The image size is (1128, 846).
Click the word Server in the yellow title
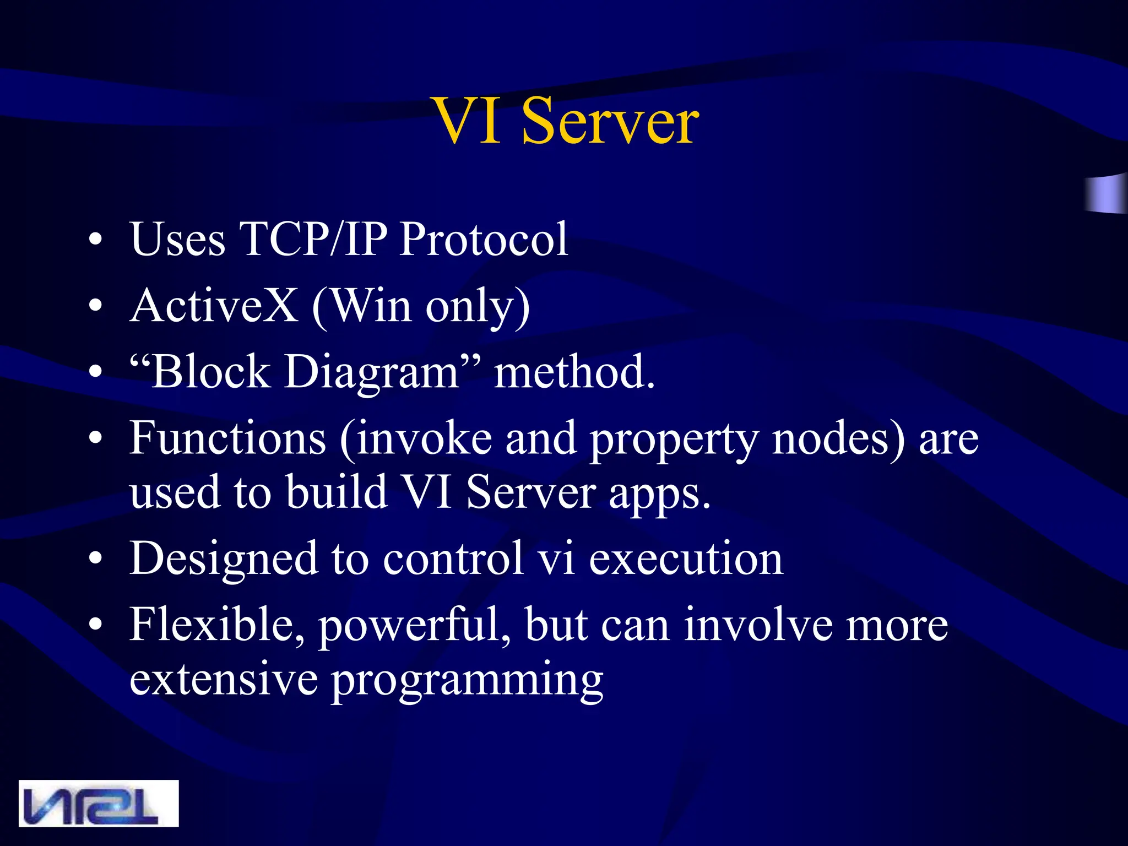tap(610, 122)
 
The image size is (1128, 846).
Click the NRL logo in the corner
tap(99, 803)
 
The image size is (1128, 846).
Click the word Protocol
tap(483, 240)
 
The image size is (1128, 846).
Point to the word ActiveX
tap(214, 306)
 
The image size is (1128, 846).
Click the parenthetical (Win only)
tap(421, 307)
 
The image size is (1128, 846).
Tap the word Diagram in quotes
tap(372, 372)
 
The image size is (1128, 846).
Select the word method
tap(574, 372)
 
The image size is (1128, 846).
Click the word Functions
tap(227, 438)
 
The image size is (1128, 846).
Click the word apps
tap(659, 494)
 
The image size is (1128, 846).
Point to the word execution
tap(686, 559)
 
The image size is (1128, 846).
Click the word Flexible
tap(216, 625)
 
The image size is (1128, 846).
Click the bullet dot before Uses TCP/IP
tap(95, 241)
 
